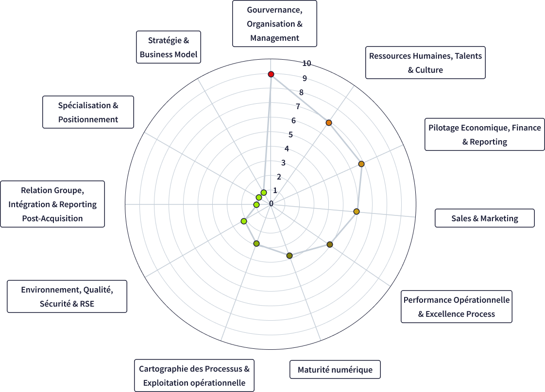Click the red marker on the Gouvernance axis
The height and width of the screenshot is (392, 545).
pyautogui.click(x=271, y=74)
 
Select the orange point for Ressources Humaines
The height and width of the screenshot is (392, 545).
pyautogui.click(x=329, y=123)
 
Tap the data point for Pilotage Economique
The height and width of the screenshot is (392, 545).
pyautogui.click(x=361, y=164)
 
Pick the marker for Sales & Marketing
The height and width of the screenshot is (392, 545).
pyautogui.click(x=357, y=212)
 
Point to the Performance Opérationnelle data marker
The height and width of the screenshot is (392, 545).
pyautogui.click(x=330, y=244)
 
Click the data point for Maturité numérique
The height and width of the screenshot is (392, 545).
pyautogui.click(x=290, y=256)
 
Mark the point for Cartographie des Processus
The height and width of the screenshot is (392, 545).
pyautogui.click(x=256, y=243)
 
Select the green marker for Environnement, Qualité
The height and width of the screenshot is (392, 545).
pyautogui.click(x=244, y=221)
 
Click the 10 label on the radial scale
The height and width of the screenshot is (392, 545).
pyautogui.click(x=307, y=63)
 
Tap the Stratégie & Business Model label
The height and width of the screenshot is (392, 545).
pyautogui.click(x=169, y=48)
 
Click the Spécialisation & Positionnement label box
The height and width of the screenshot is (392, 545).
pyautogui.click(x=88, y=112)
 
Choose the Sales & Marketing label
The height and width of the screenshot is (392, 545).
pyautogui.click(x=484, y=218)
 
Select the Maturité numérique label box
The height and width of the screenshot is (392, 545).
pyautogui.click(x=335, y=370)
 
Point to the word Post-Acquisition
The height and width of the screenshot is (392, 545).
pyautogui.click(x=52, y=218)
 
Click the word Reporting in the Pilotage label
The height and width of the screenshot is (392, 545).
pyautogui.click(x=488, y=142)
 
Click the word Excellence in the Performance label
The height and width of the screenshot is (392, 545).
pyautogui.click(x=444, y=314)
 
